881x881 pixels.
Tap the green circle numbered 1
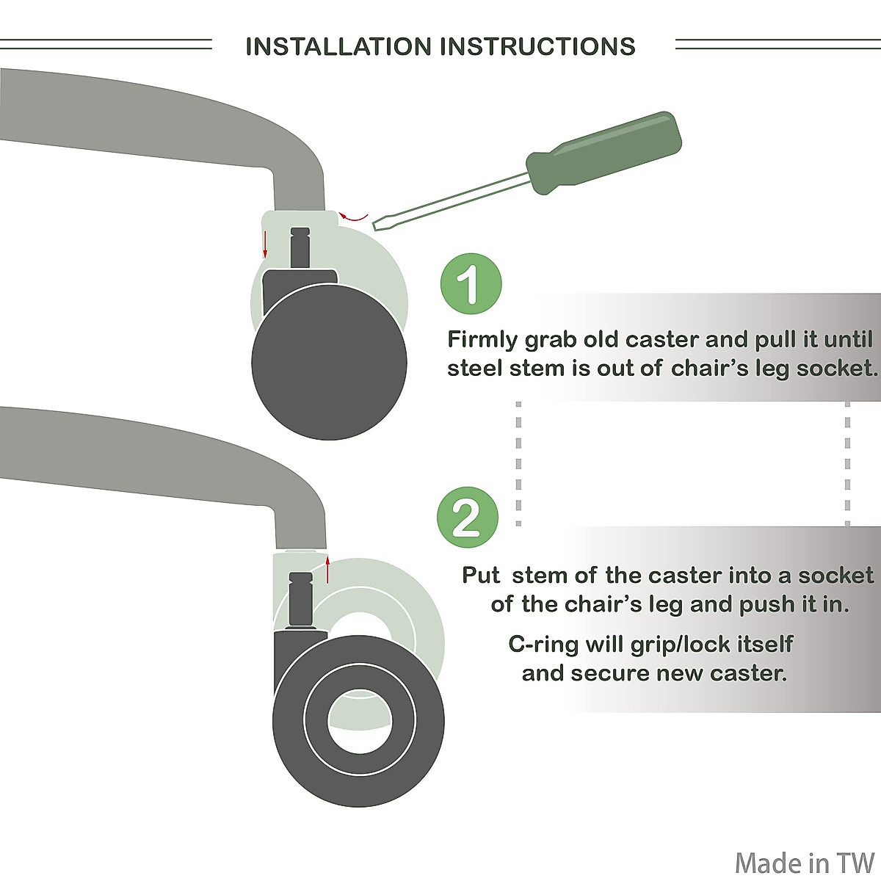point(471,283)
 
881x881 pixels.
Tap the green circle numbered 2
point(468,517)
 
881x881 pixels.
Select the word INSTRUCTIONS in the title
point(538,46)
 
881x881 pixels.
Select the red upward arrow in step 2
point(327,570)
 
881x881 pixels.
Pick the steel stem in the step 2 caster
point(300,598)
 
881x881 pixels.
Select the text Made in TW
point(805,863)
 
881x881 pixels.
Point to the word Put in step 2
point(481,575)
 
